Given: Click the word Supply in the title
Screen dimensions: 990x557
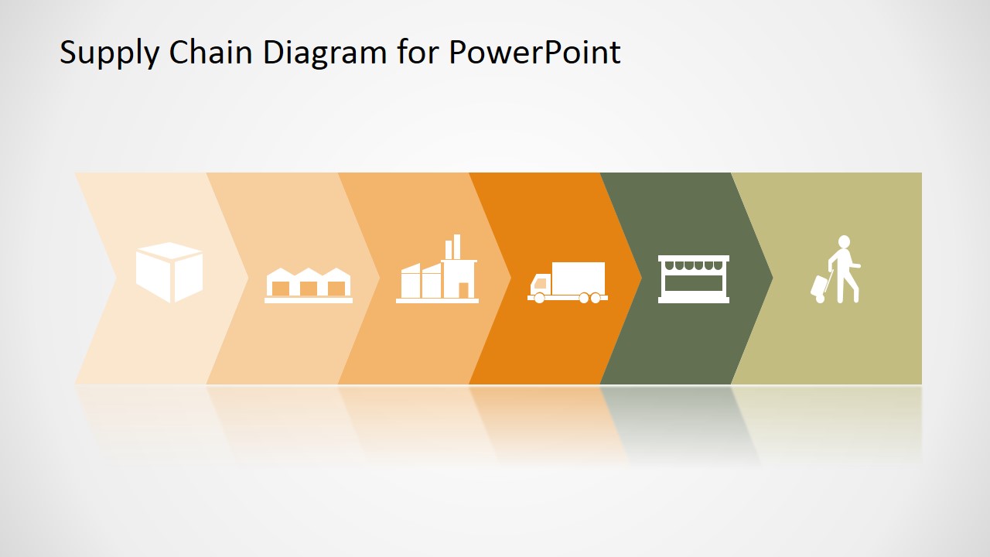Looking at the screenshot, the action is (x=109, y=53).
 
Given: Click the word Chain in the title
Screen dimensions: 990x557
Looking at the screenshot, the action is (x=211, y=52).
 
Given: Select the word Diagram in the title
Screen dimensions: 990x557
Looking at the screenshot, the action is (x=325, y=53).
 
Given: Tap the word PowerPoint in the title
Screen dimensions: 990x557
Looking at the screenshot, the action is (x=534, y=53).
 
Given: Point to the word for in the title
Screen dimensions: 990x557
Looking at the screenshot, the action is (x=418, y=52).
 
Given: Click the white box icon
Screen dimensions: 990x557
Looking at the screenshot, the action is (x=169, y=272).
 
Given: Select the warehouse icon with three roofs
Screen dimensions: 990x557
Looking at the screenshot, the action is (x=309, y=285).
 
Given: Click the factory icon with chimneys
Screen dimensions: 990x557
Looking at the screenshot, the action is (x=437, y=268).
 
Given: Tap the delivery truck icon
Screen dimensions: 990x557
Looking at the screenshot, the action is (x=568, y=282).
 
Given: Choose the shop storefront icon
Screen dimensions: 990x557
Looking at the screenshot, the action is (x=694, y=279).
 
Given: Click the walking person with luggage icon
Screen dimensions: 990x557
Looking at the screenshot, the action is (x=835, y=269).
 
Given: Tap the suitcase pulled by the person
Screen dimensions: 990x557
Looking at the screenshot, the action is (x=820, y=289).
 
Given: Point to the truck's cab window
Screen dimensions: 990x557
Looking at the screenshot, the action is (x=541, y=283).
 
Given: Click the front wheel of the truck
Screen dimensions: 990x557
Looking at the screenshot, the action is (x=539, y=298).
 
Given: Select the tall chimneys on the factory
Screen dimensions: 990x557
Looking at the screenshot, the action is (x=452, y=247).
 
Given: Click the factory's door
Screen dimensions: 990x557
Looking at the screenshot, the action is (x=463, y=290).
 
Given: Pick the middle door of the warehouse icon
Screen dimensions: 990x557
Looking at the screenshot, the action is (x=309, y=289).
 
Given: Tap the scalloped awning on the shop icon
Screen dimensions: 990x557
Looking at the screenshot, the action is (x=694, y=265).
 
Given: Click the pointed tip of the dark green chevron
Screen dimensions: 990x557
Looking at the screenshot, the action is (x=773, y=278).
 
